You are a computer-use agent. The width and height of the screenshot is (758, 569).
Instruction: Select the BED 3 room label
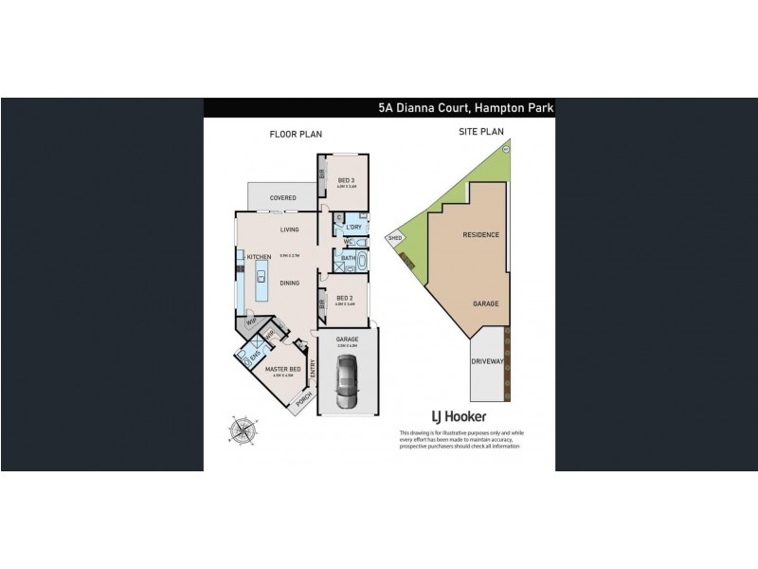click(x=346, y=181)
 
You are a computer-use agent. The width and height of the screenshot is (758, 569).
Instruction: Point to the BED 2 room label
click(x=346, y=298)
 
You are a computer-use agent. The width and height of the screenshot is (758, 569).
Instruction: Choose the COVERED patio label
click(x=283, y=198)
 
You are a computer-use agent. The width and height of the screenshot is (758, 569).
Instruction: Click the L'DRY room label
click(x=354, y=228)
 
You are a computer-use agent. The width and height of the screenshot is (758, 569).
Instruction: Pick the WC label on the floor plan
click(x=348, y=241)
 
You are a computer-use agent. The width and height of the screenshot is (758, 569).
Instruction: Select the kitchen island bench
click(x=260, y=277)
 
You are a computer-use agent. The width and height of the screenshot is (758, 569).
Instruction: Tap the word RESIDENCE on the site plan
click(x=480, y=234)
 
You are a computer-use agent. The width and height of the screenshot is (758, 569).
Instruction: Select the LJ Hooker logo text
click(x=460, y=417)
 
